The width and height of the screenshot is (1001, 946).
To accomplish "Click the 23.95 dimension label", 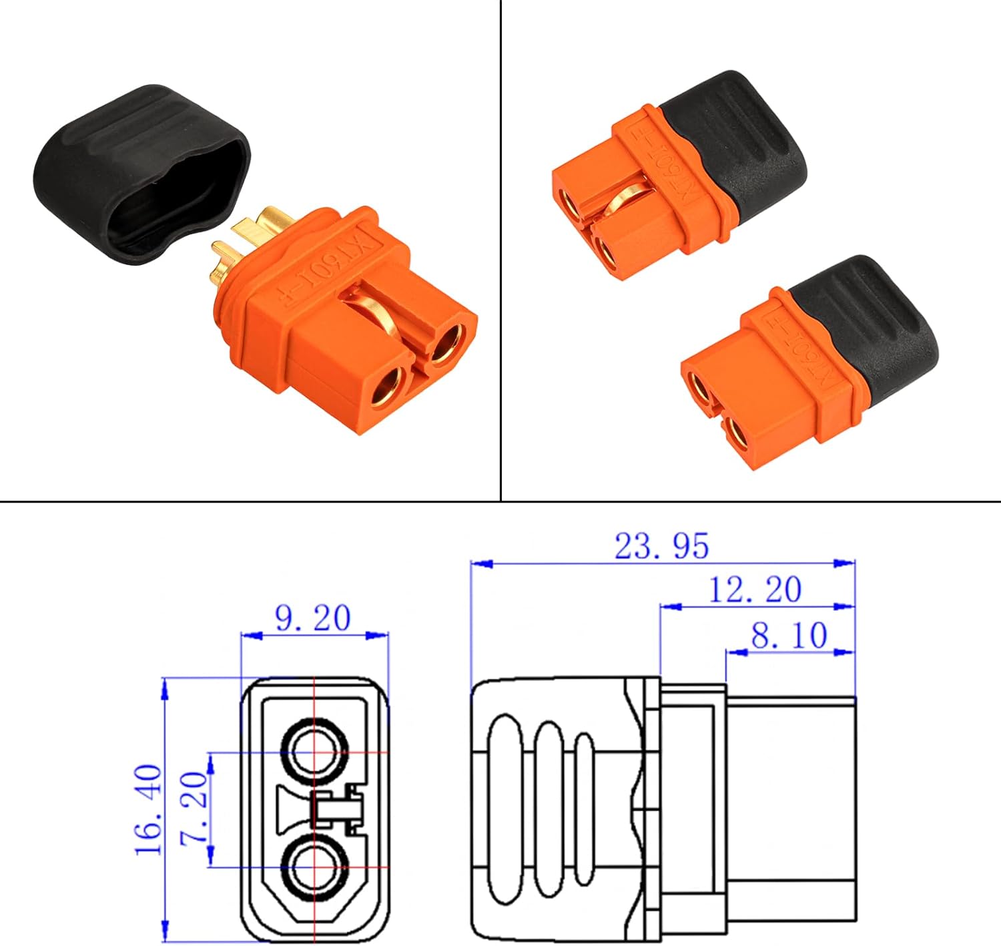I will [661, 546].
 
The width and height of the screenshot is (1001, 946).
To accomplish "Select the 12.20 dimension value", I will [754, 589].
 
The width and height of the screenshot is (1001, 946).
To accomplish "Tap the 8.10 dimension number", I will [789, 636].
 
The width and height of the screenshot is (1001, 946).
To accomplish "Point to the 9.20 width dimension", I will [312, 618].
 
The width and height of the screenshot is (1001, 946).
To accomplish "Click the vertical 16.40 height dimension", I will [149, 809].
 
